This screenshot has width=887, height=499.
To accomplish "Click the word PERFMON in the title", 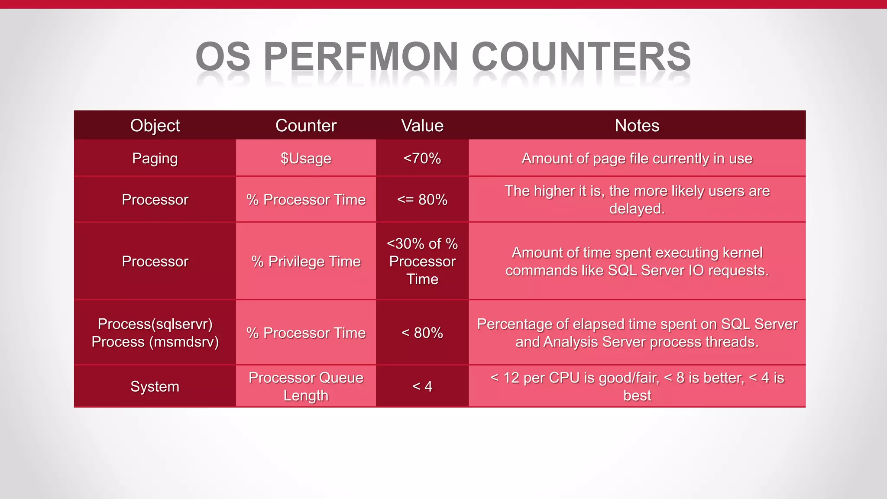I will (360, 57).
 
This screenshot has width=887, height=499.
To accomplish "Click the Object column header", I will (155, 126).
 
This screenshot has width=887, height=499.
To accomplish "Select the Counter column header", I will (306, 126).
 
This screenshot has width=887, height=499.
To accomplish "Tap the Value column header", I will (422, 126).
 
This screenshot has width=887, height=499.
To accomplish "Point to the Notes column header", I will (637, 126).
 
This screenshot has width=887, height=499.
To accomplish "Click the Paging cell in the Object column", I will (155, 159).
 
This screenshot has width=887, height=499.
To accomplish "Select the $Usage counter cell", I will (306, 159).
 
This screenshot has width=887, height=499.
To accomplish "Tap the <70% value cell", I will (422, 159).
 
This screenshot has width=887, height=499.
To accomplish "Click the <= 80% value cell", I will (422, 200).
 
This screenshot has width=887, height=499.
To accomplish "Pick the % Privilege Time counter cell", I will (306, 262).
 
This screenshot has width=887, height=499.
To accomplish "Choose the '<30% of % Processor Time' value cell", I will (422, 262).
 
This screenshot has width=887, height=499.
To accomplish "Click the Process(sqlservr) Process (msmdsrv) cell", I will (155, 333).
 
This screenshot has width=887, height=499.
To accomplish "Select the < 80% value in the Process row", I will (422, 333).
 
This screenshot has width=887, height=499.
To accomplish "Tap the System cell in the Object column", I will (155, 386).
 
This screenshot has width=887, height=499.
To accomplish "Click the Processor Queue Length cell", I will (306, 386).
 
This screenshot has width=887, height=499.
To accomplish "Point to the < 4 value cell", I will (422, 386).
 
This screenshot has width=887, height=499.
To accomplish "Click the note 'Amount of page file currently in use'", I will (637, 159).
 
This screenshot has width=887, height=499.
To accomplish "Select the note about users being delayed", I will (637, 200).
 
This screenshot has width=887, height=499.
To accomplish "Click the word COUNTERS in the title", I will (581, 57).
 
